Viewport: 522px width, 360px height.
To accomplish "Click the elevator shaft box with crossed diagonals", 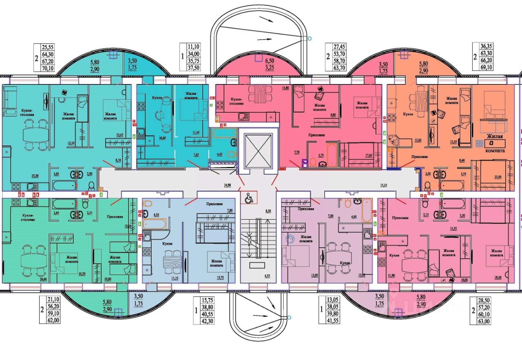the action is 257,150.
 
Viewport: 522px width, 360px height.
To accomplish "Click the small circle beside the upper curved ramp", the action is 309,39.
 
